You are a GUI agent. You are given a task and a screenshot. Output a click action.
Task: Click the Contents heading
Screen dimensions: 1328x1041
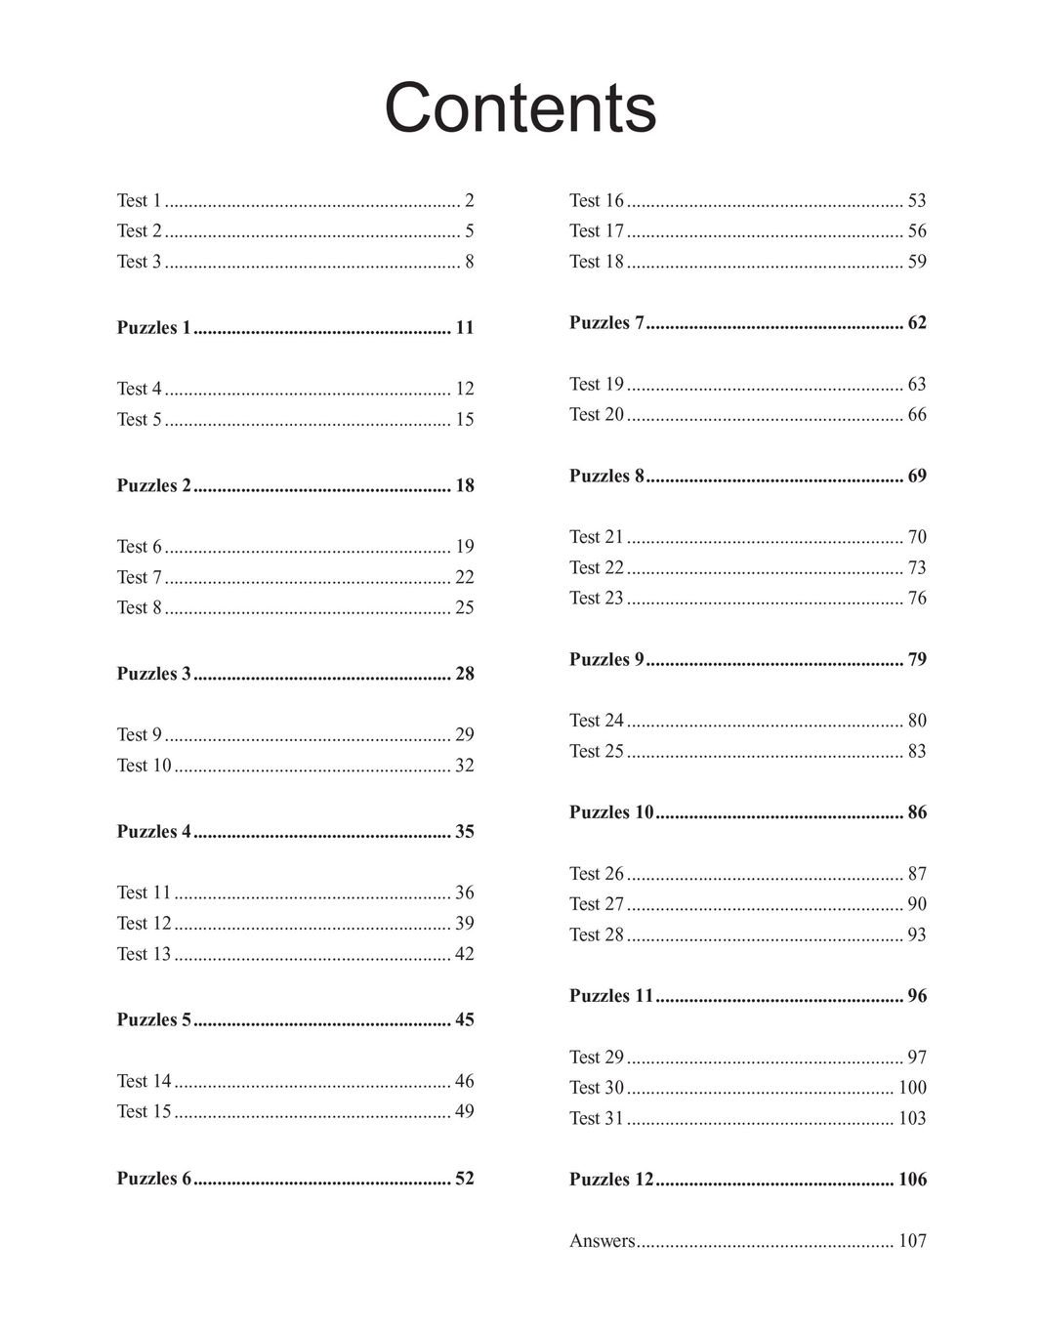(x=520, y=107)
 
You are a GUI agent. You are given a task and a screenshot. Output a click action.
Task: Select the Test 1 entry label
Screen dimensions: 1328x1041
(x=139, y=200)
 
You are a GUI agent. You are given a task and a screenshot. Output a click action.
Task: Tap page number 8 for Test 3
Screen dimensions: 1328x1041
(x=469, y=262)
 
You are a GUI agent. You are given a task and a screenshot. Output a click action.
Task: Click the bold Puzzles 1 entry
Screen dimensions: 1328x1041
(x=153, y=328)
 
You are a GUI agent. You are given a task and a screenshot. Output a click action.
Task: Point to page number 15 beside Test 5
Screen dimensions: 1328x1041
(x=464, y=420)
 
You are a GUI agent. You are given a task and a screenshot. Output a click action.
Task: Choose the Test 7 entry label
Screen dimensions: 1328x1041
(x=139, y=577)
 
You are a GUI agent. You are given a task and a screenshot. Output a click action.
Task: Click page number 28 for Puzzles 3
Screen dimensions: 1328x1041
(x=464, y=674)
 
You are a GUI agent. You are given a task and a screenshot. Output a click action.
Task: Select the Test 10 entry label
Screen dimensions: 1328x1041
(x=144, y=766)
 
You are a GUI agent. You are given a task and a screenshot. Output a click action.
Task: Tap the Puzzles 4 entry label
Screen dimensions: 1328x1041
(x=153, y=832)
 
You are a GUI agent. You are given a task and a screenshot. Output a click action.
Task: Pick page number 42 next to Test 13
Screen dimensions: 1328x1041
(x=464, y=954)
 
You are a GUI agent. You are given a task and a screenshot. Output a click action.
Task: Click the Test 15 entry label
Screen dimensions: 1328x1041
(x=144, y=1111)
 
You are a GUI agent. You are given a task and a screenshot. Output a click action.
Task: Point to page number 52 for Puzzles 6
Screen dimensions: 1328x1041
(x=464, y=1179)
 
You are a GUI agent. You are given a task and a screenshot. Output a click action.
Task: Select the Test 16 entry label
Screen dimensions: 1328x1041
(x=596, y=200)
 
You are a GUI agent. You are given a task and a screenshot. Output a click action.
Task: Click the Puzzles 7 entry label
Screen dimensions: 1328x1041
(x=606, y=323)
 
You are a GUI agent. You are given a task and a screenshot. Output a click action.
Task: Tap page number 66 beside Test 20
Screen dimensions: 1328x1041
(x=917, y=415)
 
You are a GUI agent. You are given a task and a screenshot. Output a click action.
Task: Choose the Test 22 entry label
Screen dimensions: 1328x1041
(x=596, y=567)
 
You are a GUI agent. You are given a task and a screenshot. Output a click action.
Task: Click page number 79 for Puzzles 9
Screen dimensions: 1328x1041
(x=917, y=660)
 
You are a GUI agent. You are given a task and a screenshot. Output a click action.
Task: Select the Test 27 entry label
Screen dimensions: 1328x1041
(x=596, y=904)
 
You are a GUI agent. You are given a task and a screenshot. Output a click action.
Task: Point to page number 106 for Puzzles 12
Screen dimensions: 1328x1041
(x=912, y=1180)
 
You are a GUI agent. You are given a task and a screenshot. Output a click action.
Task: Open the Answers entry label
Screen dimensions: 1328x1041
(x=602, y=1241)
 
